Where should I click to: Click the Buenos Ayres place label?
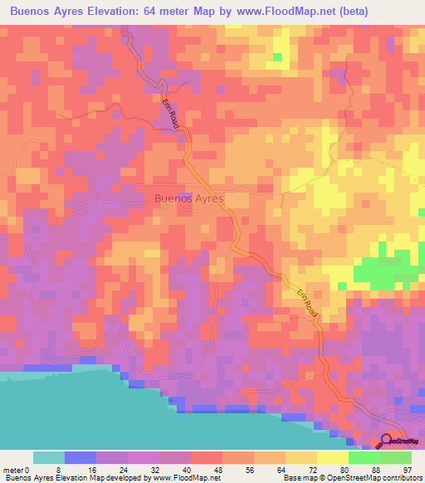pos(188,198)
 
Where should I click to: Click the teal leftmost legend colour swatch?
pos(49,456)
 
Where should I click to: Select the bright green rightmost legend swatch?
pos(396,456)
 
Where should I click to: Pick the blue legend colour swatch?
pos(81,456)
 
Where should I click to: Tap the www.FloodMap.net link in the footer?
pos(181,478)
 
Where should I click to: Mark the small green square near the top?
pos(277,57)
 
